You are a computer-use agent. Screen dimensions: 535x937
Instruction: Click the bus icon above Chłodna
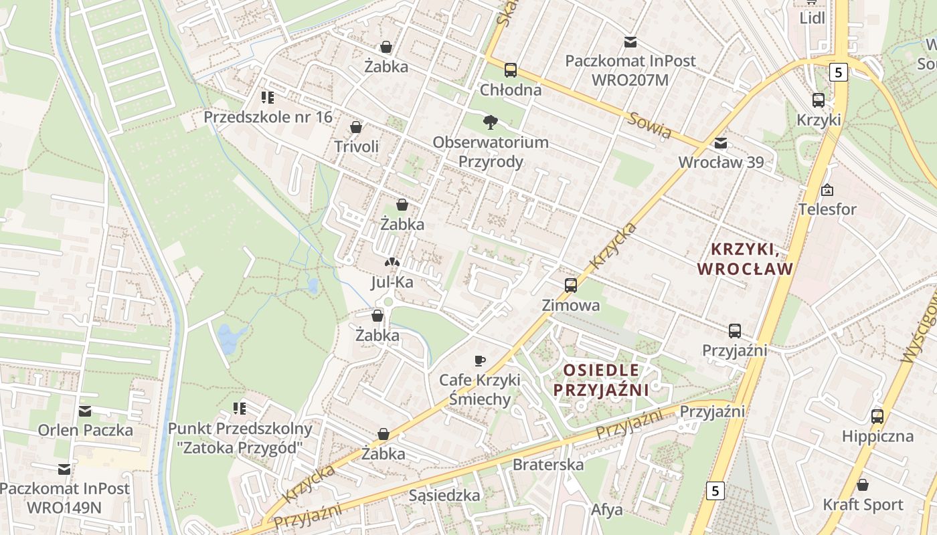[511, 70]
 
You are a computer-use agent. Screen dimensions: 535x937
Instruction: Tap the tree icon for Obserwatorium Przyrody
[491, 122]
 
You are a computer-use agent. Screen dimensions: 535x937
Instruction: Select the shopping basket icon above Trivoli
[356, 127]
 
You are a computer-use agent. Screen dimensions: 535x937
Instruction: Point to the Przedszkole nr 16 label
[268, 117]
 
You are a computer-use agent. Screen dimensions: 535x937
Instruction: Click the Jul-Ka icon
[392, 263]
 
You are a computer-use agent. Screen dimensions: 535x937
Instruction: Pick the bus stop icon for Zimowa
[571, 286]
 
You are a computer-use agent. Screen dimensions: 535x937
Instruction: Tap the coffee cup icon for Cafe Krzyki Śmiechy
[480, 360]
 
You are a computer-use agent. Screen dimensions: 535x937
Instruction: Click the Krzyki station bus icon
[818, 100]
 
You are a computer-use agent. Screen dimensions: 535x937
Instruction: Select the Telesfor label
[827, 209]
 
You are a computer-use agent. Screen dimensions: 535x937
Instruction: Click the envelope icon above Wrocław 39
[721, 142]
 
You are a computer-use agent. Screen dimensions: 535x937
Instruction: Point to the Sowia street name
[649, 126]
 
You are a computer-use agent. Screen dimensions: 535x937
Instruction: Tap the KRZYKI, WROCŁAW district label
[745, 259]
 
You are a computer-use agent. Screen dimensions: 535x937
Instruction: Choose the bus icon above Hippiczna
[877, 417]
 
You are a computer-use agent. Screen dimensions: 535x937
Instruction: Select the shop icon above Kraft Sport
[863, 485]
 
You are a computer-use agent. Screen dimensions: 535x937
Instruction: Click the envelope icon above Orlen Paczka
[85, 411]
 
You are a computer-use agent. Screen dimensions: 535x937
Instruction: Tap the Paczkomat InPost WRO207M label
[630, 70]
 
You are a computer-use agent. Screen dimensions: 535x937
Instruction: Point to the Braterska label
[548, 464]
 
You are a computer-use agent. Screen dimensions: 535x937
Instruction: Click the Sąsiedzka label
[444, 496]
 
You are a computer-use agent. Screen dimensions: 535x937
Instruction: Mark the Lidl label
[813, 18]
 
